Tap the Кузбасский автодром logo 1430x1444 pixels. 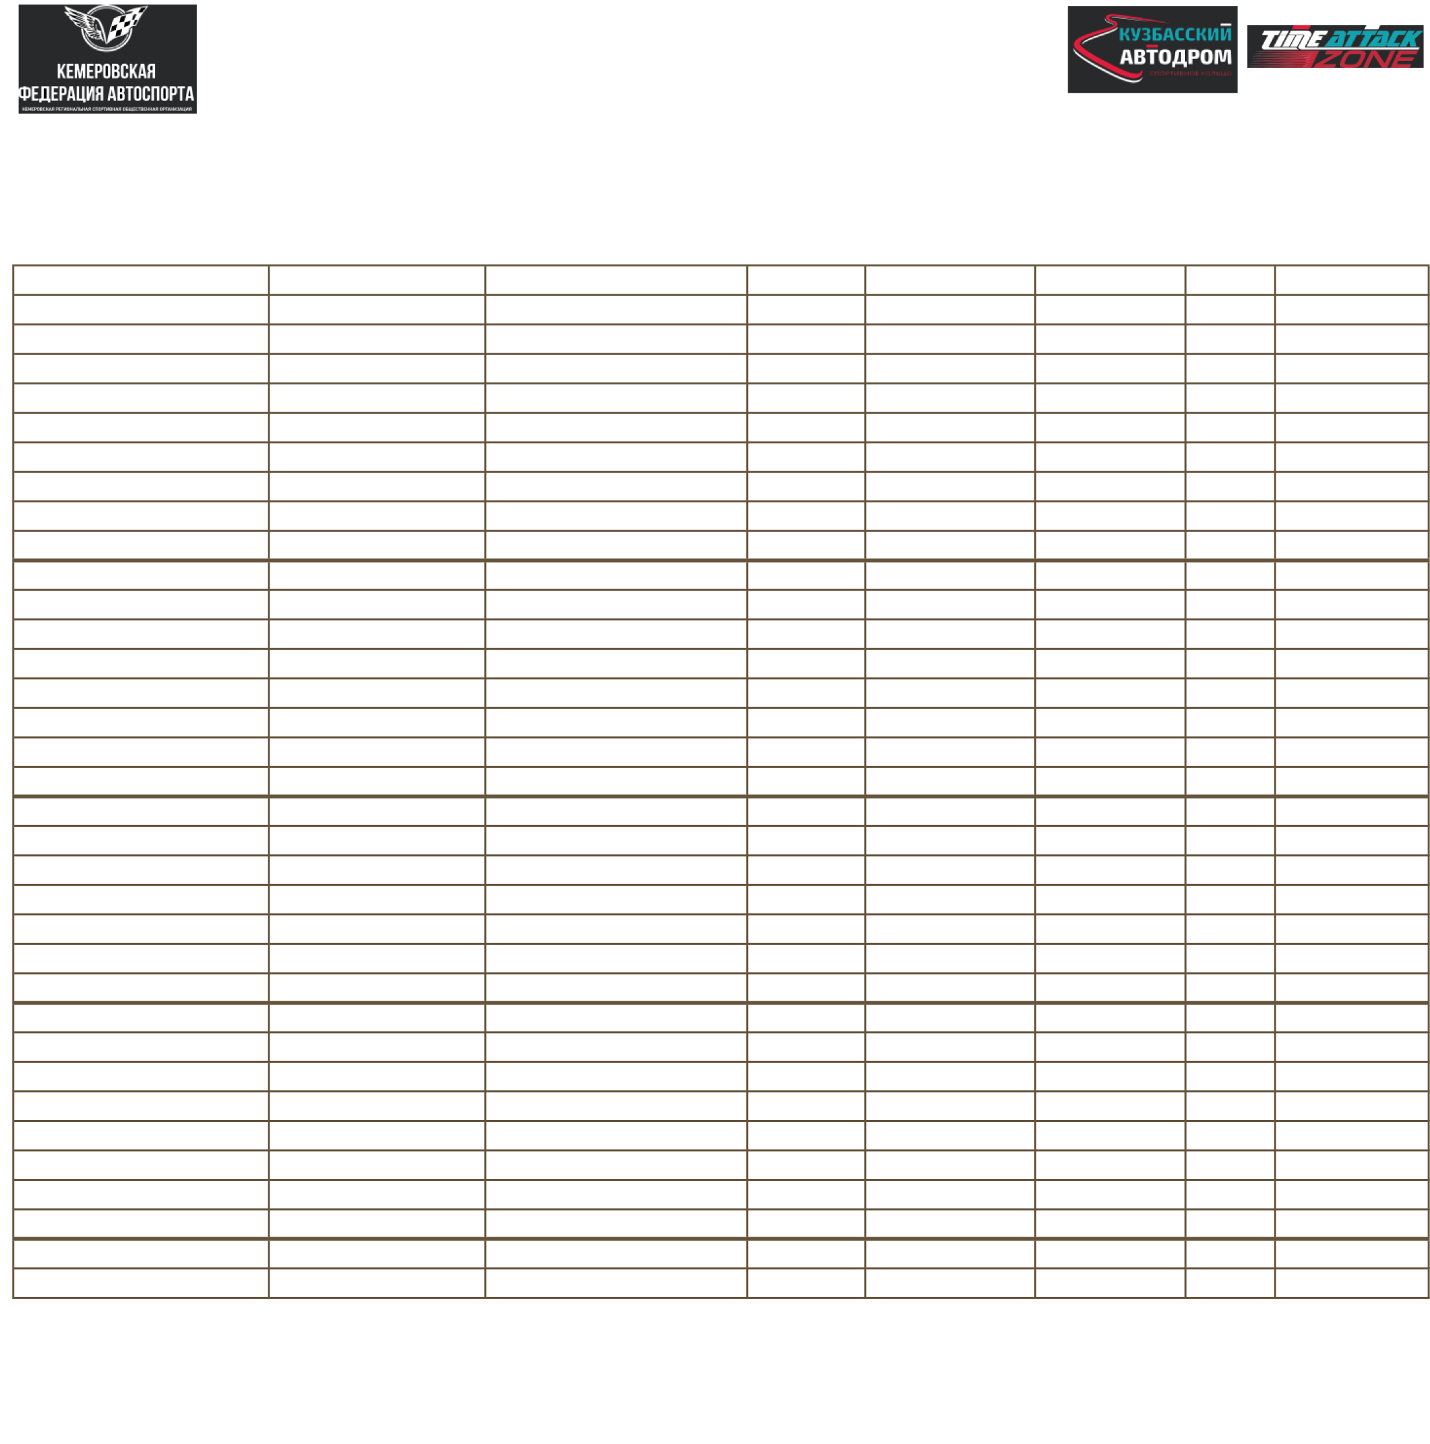click(x=1151, y=50)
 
